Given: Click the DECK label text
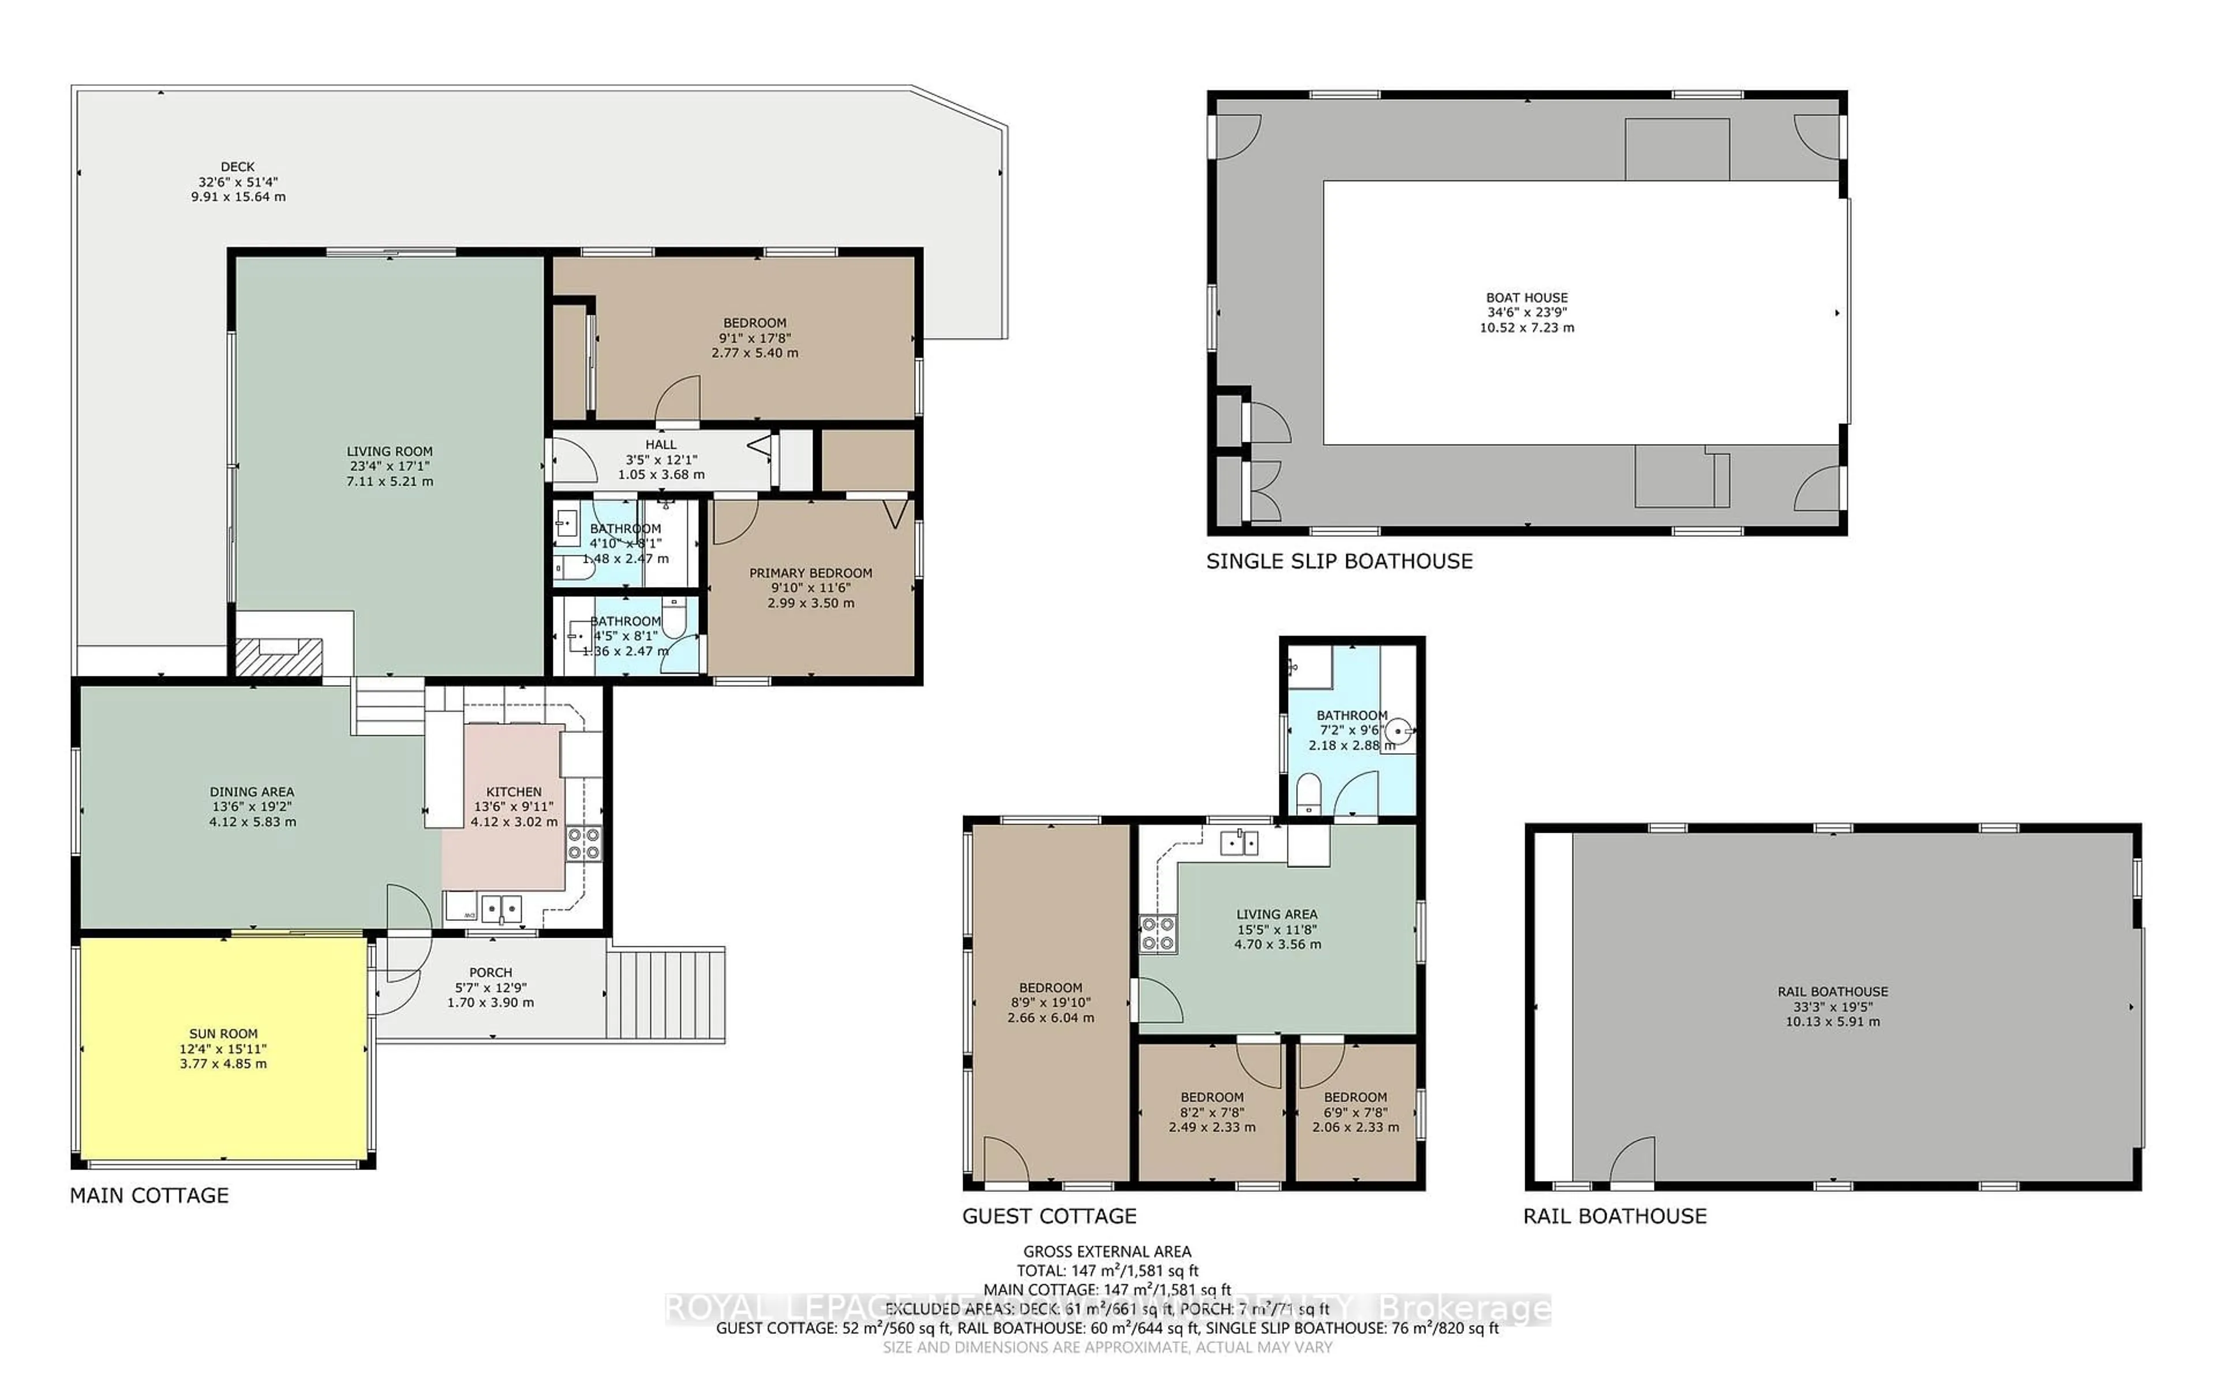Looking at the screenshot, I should [237, 167].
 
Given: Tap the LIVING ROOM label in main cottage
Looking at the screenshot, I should [389, 452].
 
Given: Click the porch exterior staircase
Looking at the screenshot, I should [666, 994].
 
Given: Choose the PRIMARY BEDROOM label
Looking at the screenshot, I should [810, 573].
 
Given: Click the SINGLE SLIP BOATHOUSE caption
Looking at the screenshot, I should [1339, 561].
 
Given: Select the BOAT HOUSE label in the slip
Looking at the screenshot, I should [1526, 298].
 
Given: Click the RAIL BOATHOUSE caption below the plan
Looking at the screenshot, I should [1614, 1216].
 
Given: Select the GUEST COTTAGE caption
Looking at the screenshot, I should [1049, 1216].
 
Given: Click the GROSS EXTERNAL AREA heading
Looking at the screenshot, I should [1107, 1251].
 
